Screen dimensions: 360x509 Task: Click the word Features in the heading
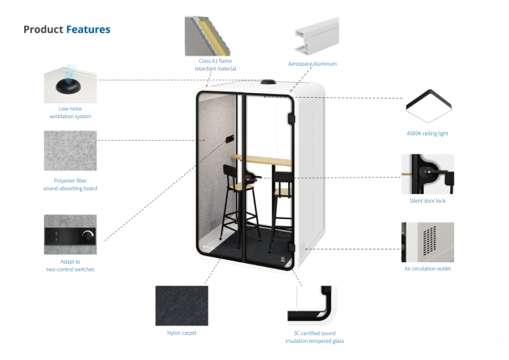88,30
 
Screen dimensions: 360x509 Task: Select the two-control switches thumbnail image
70,234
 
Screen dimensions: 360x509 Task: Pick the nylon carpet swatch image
182,306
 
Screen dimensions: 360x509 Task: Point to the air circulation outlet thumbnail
428,242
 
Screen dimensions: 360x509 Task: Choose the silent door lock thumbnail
428,174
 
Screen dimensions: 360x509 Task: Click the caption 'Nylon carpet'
182,333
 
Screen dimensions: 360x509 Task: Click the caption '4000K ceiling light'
428,134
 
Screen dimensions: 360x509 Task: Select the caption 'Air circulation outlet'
428,268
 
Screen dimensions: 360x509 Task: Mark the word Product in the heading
43,30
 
